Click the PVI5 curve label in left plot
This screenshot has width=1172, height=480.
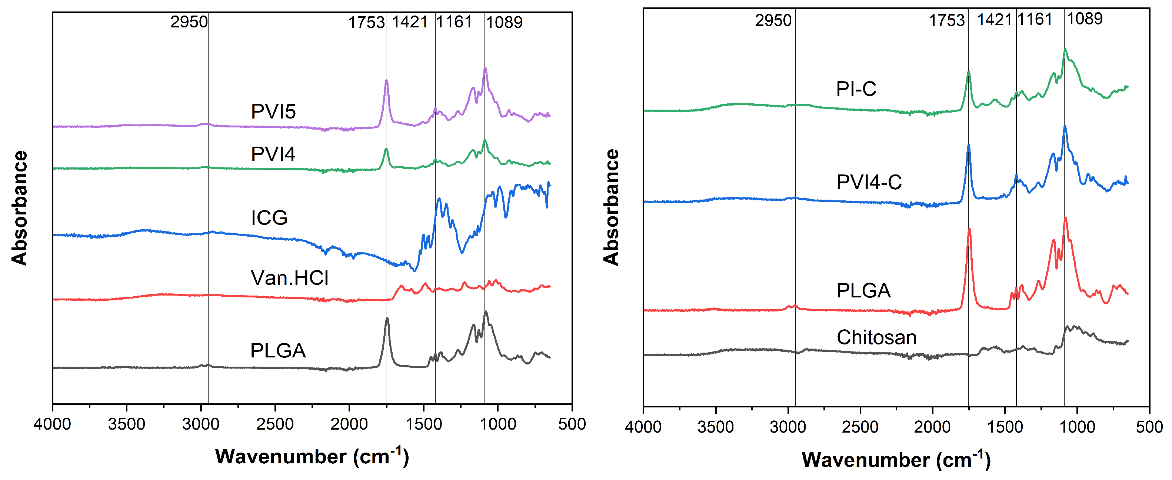click(x=273, y=111)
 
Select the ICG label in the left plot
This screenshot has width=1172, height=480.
click(x=269, y=217)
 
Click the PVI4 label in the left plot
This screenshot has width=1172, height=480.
click(x=273, y=154)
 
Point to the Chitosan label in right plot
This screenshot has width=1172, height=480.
click(x=876, y=337)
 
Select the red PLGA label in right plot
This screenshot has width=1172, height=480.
click(x=863, y=290)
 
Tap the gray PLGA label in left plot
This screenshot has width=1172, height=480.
click(x=277, y=350)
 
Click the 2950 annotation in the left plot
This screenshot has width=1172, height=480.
click(x=189, y=22)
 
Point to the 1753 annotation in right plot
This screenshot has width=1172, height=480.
click(x=946, y=20)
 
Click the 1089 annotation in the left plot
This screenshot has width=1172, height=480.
click(x=504, y=22)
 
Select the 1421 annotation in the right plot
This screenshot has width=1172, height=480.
click(x=994, y=20)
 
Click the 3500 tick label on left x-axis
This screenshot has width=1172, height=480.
click(x=126, y=424)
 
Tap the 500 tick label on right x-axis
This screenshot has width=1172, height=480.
click(x=1149, y=427)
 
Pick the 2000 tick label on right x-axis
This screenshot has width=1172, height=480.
click(x=932, y=427)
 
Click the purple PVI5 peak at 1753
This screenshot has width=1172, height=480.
click(x=386, y=81)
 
